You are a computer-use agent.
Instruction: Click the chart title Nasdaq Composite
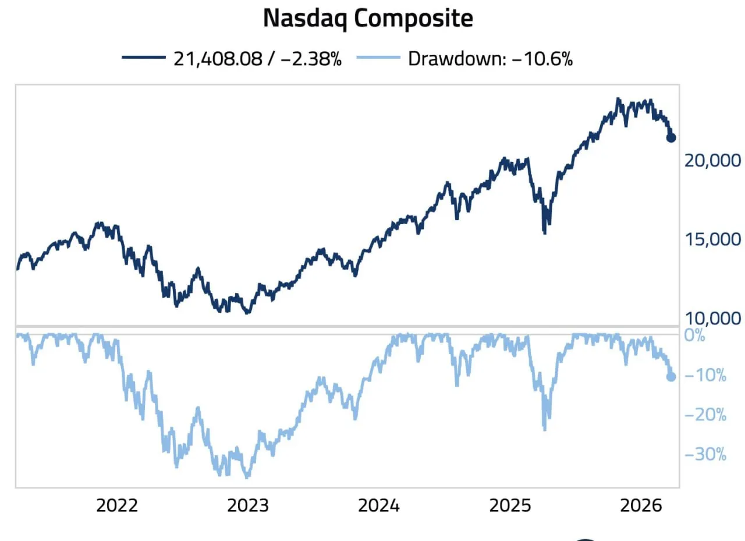coord(368,19)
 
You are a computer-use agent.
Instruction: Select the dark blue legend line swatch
coord(144,58)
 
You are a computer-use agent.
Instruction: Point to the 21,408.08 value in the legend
coord(217,59)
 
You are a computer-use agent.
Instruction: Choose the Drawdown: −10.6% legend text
coord(490,59)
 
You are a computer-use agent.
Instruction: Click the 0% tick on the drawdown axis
coord(694,336)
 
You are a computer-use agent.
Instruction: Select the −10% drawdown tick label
coord(705,376)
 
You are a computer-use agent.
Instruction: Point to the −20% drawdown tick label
coord(705,415)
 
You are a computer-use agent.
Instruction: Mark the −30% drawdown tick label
coord(705,454)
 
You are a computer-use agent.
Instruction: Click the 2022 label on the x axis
coord(117,505)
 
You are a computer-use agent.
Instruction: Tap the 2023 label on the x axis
coord(249,505)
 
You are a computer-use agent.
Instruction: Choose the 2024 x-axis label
coord(379,505)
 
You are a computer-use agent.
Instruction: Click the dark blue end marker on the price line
coord(670,137)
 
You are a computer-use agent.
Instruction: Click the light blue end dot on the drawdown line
coord(670,377)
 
